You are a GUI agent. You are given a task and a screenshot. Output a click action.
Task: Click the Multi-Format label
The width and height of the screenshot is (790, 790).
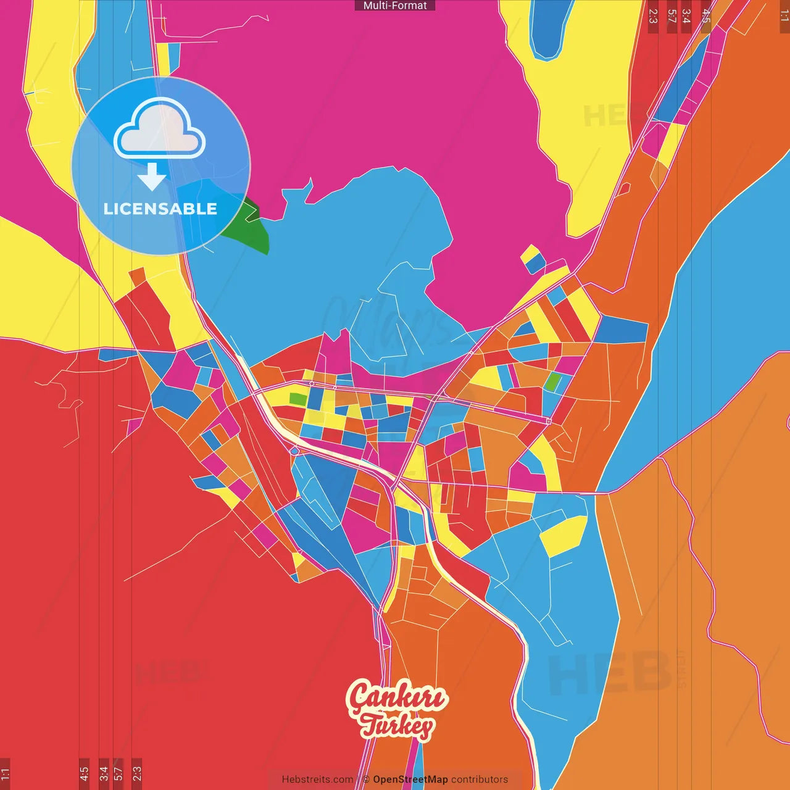coord(395,6)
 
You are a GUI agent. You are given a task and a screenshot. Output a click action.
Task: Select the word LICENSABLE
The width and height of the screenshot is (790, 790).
coord(160,209)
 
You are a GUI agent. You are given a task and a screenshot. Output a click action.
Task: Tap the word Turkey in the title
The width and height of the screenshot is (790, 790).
coord(397,726)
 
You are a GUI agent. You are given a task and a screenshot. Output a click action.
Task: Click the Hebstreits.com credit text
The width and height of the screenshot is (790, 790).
coord(317,780)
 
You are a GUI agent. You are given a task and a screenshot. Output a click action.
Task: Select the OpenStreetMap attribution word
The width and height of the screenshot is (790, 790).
coord(410,780)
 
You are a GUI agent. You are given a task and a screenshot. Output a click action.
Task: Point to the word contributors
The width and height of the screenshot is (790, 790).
coord(480,780)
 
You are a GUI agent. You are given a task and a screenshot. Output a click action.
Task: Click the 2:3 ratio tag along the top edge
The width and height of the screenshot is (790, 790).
coord(653,16)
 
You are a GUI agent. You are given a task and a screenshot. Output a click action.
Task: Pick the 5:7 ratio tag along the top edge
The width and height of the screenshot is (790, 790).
coord(671,16)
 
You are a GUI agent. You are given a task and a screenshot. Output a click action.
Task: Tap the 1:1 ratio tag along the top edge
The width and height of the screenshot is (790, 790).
coord(784,16)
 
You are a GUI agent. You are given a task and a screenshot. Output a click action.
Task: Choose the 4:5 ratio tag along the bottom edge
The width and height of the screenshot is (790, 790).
coord(84,774)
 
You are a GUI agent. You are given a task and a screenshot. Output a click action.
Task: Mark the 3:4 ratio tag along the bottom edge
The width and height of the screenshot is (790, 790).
coord(103,774)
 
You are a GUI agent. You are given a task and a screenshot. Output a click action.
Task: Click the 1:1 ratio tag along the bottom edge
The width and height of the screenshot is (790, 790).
coord(5,774)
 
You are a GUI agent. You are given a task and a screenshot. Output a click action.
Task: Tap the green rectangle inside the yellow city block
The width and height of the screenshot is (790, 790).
coord(297,399)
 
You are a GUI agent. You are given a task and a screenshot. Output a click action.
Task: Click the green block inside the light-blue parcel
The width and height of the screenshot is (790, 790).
coord(553,383)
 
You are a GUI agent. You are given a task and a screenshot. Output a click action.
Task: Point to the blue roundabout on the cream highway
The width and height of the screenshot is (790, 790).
coord(294,451)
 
